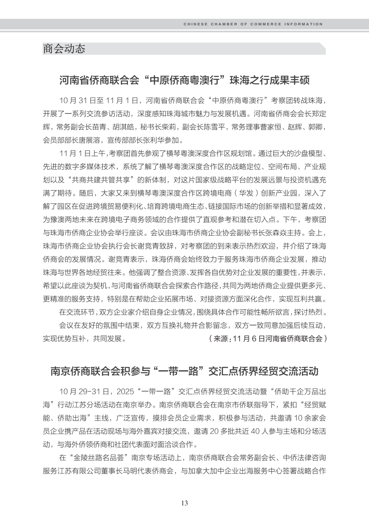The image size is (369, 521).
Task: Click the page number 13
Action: pyautogui.click(x=184, y=503)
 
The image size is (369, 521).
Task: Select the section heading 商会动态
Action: pyautogui.click(x=64, y=49)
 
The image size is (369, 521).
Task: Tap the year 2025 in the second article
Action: pyautogui.click(x=125, y=391)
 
